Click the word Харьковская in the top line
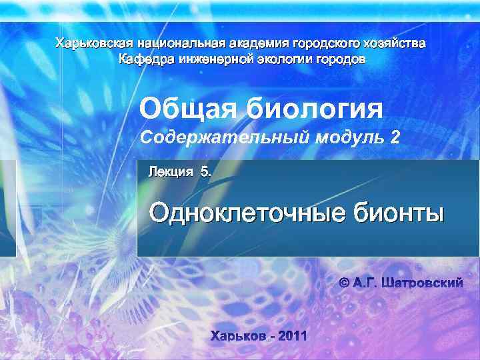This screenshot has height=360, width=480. tap(93, 44)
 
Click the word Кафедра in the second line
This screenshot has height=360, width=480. tap(144, 59)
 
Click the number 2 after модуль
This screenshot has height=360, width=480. tap(398, 137)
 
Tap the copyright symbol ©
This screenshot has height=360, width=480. tap(345, 283)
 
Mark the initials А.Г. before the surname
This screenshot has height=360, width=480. tap(367, 283)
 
